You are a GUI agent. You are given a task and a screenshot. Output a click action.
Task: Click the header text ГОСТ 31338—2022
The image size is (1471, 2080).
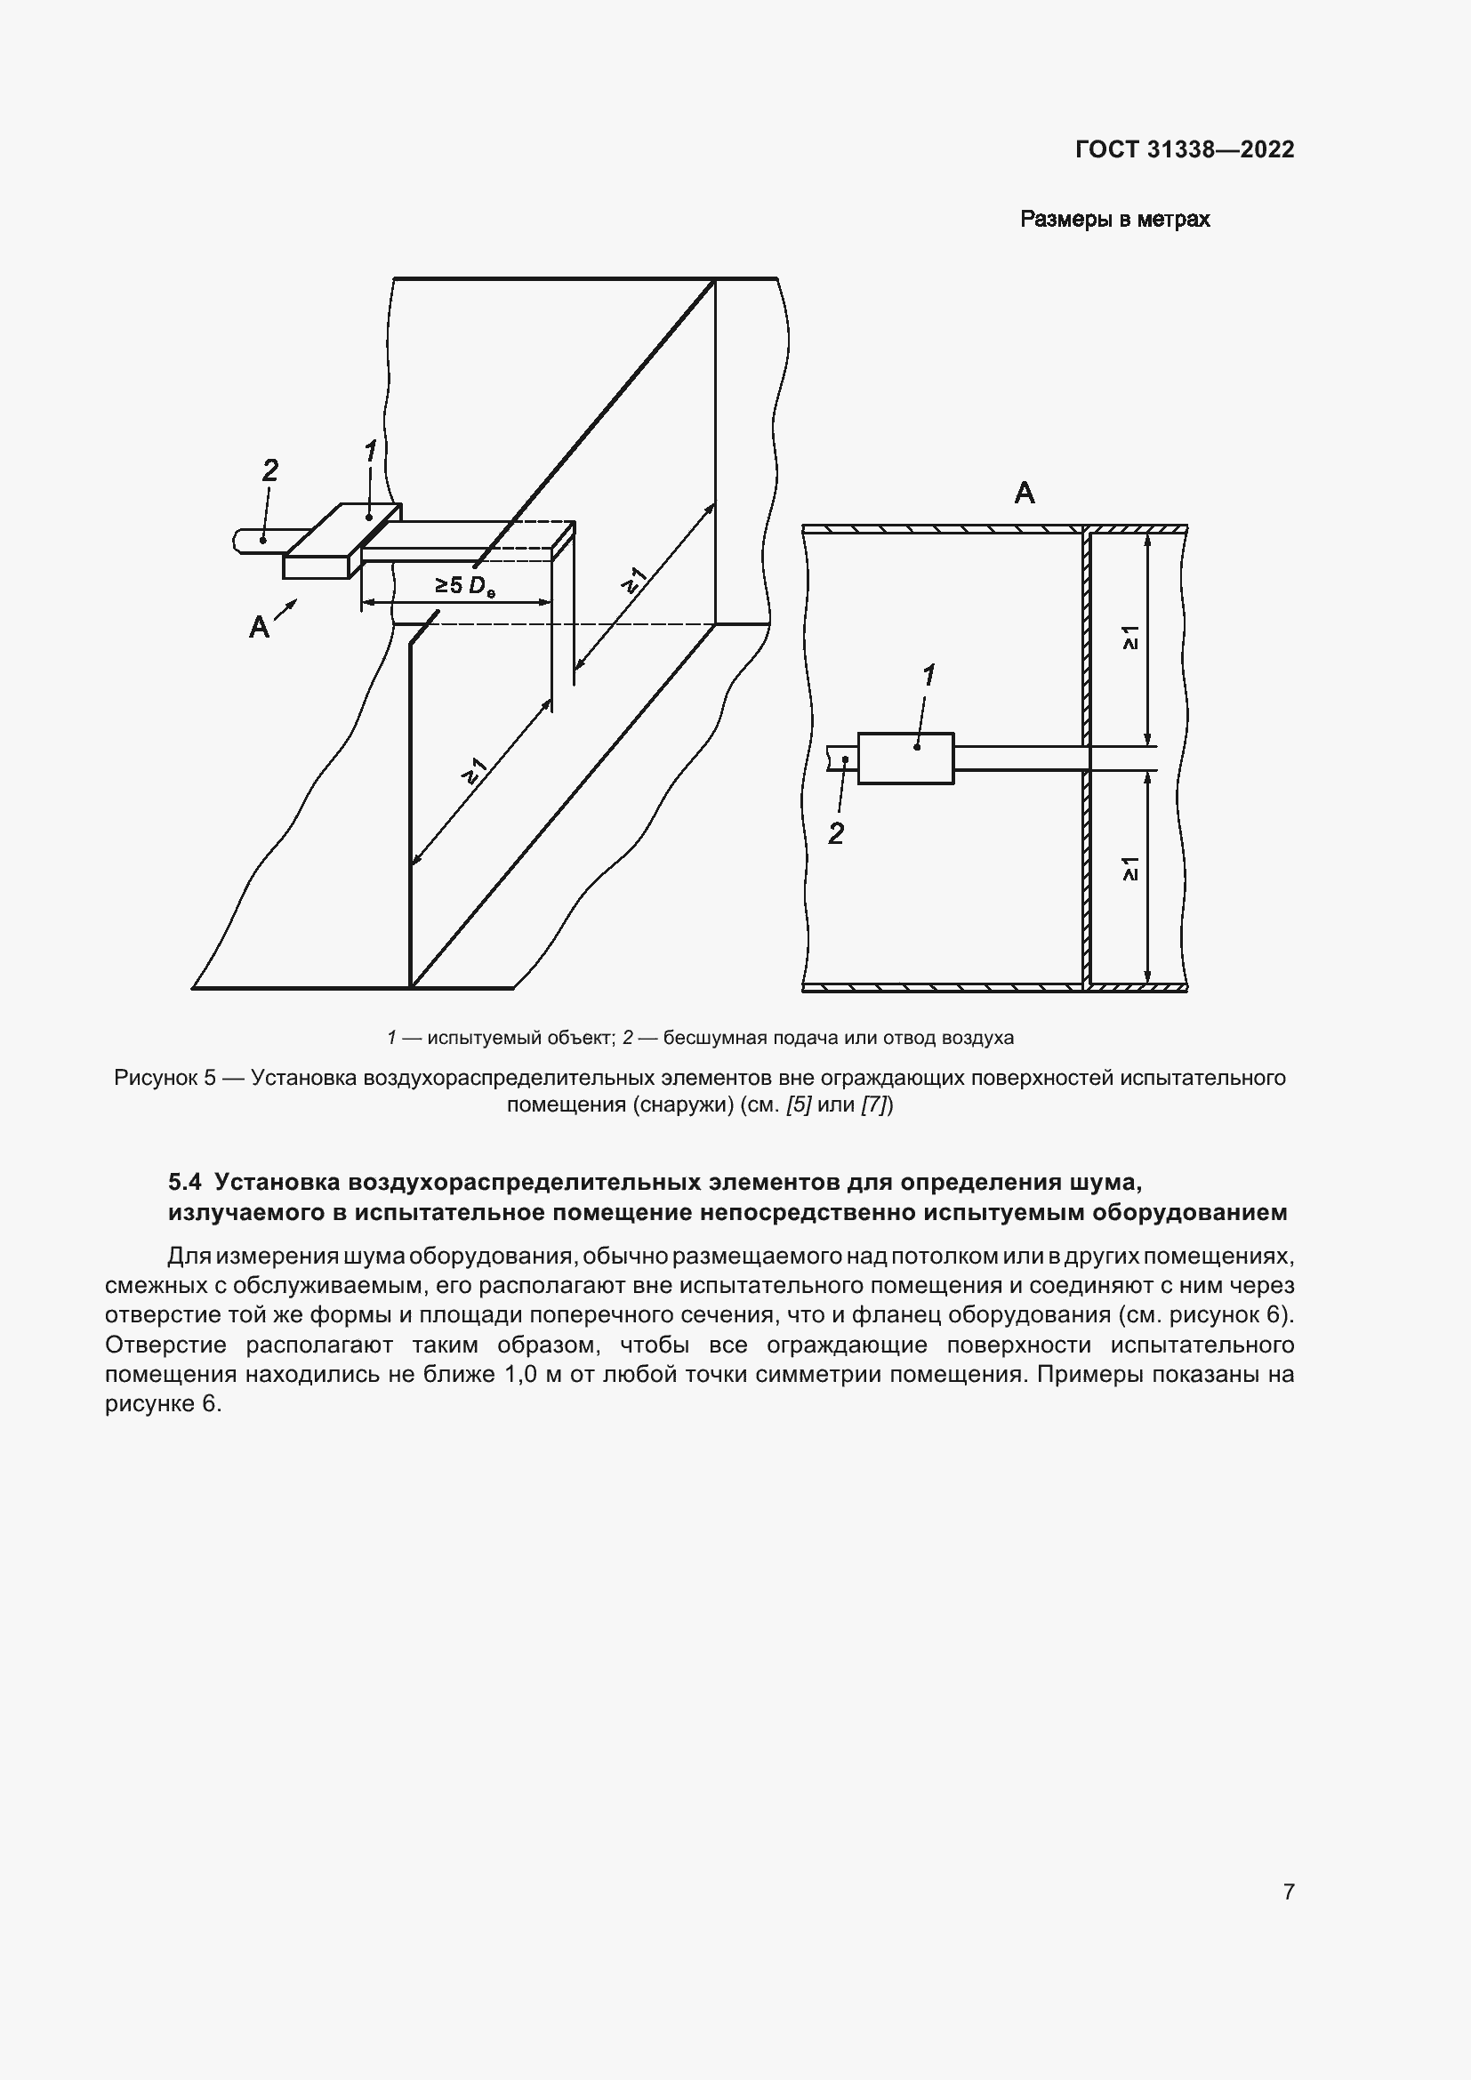pos(1184,149)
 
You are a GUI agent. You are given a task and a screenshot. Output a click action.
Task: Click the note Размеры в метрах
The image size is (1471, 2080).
pos(1114,220)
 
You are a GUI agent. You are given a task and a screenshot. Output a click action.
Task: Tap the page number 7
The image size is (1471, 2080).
pos(1288,1891)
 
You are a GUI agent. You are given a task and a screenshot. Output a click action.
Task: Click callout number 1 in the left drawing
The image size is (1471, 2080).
pos(370,450)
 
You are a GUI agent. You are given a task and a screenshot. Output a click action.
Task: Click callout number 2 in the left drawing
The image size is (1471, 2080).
pos(270,470)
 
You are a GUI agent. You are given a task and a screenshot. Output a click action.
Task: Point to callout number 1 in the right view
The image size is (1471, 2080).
pos(928,676)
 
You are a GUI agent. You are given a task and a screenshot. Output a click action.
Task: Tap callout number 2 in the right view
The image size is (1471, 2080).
pos(835,833)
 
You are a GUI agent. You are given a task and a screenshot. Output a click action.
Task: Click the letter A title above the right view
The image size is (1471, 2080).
pos(1024,494)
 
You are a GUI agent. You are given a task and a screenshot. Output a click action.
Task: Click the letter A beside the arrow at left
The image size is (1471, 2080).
pos(259,627)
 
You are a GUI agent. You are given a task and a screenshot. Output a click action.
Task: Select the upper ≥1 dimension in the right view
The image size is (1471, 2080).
pos(1129,638)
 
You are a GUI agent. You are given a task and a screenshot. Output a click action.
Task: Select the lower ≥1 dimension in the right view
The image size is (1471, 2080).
pos(1129,869)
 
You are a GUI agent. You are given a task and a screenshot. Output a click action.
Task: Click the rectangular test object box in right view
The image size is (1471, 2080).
pos(904,759)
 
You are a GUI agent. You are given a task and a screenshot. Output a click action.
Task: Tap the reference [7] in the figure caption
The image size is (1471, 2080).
pos(876,1104)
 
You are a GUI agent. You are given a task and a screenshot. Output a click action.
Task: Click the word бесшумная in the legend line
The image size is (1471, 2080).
pos(703,1038)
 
